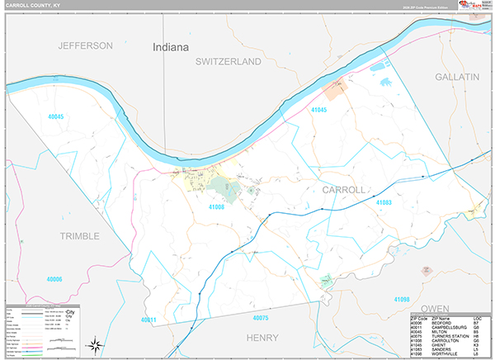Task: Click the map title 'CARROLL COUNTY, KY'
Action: click(x=32, y=6)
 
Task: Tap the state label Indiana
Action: click(x=171, y=48)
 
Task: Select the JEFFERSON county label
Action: click(x=85, y=45)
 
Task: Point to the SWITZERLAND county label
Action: click(x=228, y=62)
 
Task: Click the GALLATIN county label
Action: click(x=457, y=76)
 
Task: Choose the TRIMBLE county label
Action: click(x=79, y=235)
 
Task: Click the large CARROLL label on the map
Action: click(x=342, y=189)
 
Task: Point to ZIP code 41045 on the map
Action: click(x=318, y=110)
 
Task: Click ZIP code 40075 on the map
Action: click(x=261, y=317)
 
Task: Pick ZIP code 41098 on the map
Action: click(x=401, y=298)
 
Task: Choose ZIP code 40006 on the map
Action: click(x=54, y=279)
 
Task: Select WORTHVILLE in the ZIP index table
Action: click(x=444, y=353)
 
